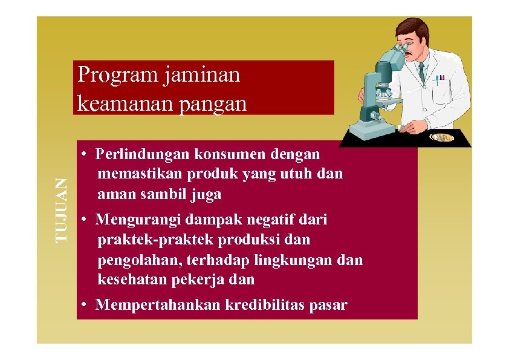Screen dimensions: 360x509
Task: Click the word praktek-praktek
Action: tap(155, 240)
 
